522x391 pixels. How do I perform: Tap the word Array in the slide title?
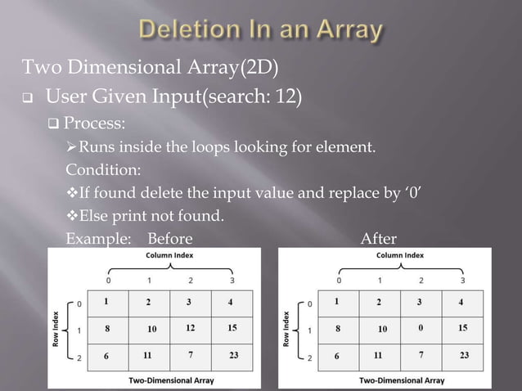[344, 31]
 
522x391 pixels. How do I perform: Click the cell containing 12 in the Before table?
[190, 328]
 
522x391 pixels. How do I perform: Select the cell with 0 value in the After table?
[421, 328]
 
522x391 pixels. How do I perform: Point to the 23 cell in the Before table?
[233, 356]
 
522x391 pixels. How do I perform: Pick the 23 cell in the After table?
[464, 356]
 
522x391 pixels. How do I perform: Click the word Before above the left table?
[169, 239]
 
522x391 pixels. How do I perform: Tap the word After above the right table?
[379, 239]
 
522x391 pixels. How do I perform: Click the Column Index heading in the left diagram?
[169, 255]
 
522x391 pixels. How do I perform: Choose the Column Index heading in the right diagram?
[400, 255]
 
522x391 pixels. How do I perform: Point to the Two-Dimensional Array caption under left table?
[172, 380]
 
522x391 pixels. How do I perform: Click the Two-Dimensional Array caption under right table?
[403, 380]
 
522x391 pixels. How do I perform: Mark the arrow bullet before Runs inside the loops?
[71, 148]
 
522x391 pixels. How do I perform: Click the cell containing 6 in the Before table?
[106, 356]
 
